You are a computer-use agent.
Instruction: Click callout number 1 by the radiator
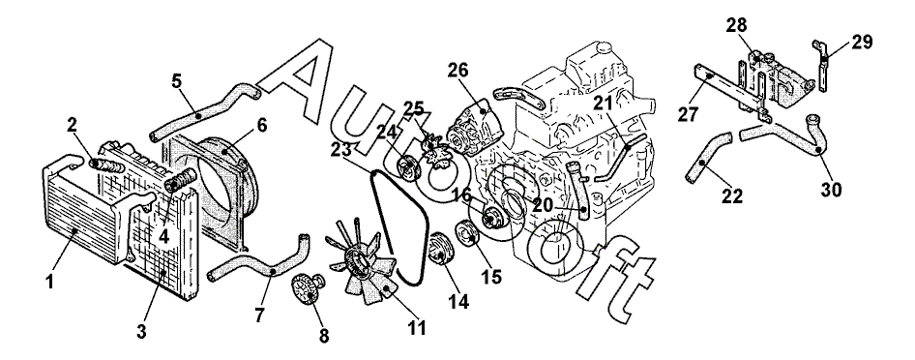(49, 282)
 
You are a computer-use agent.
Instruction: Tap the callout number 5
(177, 80)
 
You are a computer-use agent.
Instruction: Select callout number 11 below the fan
(417, 327)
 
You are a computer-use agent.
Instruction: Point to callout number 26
(458, 70)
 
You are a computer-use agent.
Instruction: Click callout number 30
(832, 190)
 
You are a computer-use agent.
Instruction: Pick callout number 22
(732, 196)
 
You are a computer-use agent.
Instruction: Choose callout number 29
(862, 42)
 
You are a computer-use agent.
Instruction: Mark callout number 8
(324, 335)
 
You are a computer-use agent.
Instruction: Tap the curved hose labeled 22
(708, 156)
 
